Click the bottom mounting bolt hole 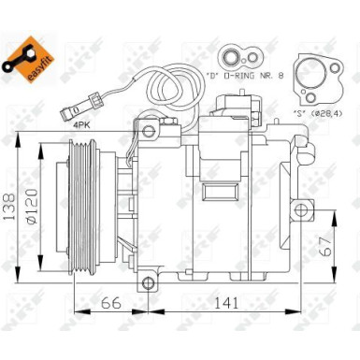146,283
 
